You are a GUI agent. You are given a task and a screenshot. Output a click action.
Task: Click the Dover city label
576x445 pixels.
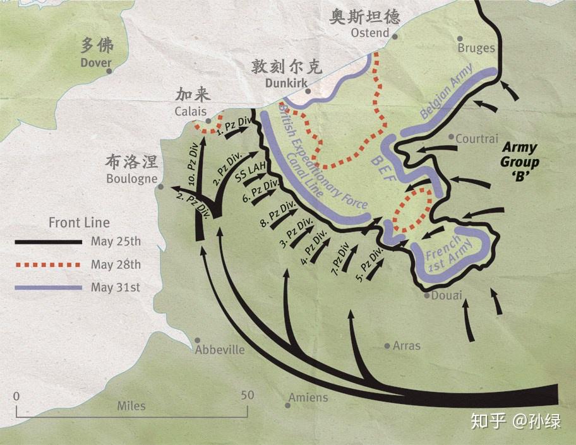click(95, 62)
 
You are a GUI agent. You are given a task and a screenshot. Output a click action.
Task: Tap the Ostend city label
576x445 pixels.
click(369, 33)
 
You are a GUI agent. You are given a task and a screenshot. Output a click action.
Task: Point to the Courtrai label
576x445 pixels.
click(477, 139)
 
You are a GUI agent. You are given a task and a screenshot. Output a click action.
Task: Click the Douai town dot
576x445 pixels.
click(428, 295)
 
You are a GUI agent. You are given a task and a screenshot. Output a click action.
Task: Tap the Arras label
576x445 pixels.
click(406, 346)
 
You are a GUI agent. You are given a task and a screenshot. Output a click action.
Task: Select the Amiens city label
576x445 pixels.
click(308, 398)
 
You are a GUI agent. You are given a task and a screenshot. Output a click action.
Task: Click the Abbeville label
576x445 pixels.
click(219, 350)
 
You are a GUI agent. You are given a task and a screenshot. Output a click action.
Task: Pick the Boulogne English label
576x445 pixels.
click(131, 179)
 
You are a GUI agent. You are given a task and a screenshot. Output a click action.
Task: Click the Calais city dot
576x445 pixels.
click(208, 121)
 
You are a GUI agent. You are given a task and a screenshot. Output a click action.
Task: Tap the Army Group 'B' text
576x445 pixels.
click(520, 162)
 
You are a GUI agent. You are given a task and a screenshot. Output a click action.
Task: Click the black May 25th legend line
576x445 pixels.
click(49, 242)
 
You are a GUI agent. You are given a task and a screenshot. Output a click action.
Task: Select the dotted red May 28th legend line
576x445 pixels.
click(49, 264)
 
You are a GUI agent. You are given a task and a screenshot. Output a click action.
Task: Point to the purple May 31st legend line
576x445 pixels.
click(49, 287)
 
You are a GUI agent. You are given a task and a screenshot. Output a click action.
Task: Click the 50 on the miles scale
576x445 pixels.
click(247, 395)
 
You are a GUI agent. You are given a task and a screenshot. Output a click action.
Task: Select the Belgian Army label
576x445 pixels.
click(446, 98)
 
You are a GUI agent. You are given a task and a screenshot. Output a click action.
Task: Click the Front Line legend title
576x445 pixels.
click(79, 223)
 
